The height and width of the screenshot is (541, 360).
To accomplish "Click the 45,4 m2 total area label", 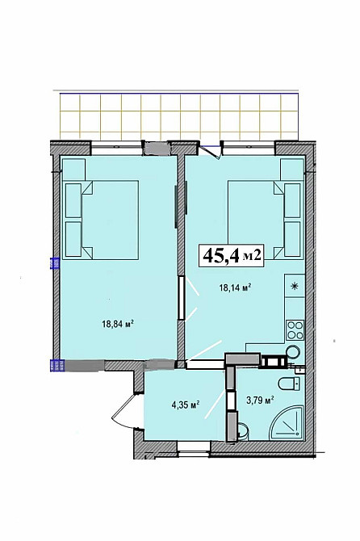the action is coord(232,255).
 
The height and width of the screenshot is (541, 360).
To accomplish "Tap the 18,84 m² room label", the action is coord(118,324).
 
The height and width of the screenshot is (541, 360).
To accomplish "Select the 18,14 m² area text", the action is coord(234,287).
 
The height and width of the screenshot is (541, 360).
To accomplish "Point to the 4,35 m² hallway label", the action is coord(186,405).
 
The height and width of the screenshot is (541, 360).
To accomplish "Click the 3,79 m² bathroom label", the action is coord(259,401).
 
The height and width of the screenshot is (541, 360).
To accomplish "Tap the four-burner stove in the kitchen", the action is coord(295,329).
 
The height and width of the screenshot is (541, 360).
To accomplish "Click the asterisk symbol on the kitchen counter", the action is coord(295,286).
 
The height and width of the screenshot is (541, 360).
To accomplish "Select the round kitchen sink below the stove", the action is coord(293,352).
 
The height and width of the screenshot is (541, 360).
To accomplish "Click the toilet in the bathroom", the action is coord(289,384).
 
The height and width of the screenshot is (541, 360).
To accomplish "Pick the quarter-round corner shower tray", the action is coord(287,423).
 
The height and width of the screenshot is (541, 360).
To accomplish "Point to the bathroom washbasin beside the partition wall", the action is coord(242,431).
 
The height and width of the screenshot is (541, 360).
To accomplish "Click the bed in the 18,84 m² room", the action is coord(102,220).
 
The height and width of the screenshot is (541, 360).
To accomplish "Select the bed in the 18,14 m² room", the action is coord(265,220).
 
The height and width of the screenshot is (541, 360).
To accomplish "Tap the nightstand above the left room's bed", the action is coord(73,170).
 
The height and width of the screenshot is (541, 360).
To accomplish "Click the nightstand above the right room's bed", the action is coord(291,170).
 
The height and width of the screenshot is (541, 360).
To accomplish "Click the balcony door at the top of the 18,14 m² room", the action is coord(211,151).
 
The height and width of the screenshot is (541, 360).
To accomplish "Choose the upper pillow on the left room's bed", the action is coord(73,200).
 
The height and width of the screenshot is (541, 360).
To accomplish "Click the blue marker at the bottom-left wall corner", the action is coord(57,365).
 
